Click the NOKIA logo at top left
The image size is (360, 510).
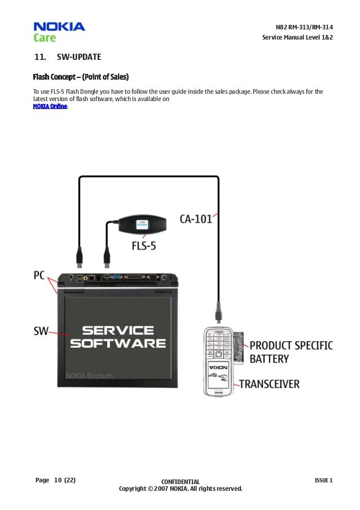tap(59, 27)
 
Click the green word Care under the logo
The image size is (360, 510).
tap(44, 38)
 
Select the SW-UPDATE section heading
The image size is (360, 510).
tap(78, 58)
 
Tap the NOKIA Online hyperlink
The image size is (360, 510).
tap(50, 106)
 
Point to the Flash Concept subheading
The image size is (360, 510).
tap(81, 76)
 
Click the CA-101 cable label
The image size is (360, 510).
tap(196, 218)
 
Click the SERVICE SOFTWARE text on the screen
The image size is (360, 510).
tap(117, 336)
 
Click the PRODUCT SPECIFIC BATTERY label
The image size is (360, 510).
tap(291, 351)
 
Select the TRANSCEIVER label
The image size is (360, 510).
tap(270, 384)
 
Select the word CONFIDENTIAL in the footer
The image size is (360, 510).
tap(180, 482)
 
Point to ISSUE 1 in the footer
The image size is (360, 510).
tap(323, 481)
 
